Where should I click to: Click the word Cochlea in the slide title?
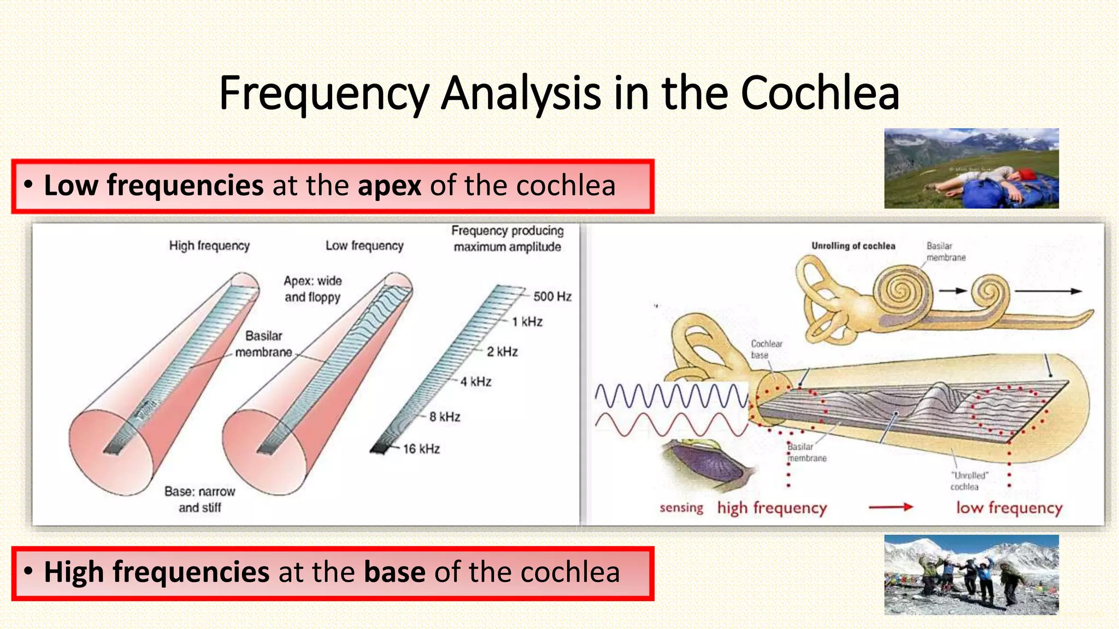[819, 93]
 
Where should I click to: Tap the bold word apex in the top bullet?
[389, 185]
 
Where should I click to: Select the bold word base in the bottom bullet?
[394, 572]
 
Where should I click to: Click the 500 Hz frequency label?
[552, 296]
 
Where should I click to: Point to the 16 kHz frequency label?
[421, 449]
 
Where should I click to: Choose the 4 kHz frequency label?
[475, 382]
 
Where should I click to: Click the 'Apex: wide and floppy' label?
[313, 289]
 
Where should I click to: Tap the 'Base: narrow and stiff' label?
[199, 499]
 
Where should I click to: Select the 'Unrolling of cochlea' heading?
[853, 246]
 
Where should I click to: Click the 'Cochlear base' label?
[766, 349]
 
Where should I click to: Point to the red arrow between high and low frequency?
[891, 507]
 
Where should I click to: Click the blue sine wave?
[671, 395]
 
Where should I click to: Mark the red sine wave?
[671, 424]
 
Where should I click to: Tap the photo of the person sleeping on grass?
[971, 168]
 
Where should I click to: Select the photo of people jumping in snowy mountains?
[971, 574]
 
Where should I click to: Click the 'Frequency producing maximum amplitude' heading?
[507, 239]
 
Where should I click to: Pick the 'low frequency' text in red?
[1009, 508]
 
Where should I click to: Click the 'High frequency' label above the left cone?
[209, 246]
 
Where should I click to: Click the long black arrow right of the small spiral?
[1048, 291]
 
